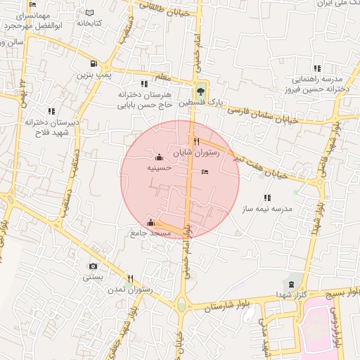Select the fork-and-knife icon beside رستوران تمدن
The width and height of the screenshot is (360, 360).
(x=130, y=278)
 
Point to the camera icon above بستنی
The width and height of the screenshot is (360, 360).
(x=93, y=266)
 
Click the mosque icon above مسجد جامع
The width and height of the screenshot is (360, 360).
(x=150, y=222)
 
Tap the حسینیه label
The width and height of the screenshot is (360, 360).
(x=159, y=169)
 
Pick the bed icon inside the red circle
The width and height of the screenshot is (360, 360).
(x=205, y=172)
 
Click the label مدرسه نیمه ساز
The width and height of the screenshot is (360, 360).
(x=272, y=210)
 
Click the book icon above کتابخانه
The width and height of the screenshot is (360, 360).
(x=89, y=13)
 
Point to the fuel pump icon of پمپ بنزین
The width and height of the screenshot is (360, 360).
(x=91, y=61)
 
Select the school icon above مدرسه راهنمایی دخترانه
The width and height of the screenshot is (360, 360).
(x=317, y=68)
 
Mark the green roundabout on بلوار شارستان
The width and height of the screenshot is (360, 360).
(x=182, y=306)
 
